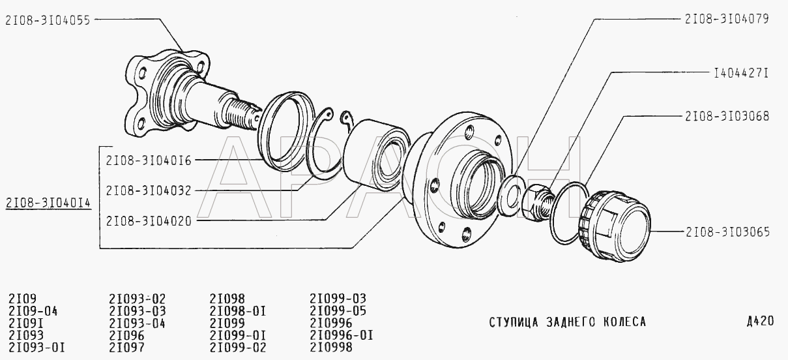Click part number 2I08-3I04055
coord(48,20)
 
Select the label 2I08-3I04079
coord(727,19)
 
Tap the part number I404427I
coord(741,73)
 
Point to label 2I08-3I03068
coord(727,116)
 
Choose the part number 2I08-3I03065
coord(727,232)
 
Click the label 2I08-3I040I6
coord(149,160)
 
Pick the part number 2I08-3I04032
coord(149,190)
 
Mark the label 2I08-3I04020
coord(149,221)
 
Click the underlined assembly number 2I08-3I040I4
coord(48,203)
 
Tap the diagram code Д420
coord(760,321)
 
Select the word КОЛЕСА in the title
coord(625,322)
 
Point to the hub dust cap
coord(615,226)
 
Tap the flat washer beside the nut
coord(510,194)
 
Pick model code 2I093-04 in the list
coord(137,323)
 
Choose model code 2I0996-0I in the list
coord(342,335)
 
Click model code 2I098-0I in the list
coord(237,311)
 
